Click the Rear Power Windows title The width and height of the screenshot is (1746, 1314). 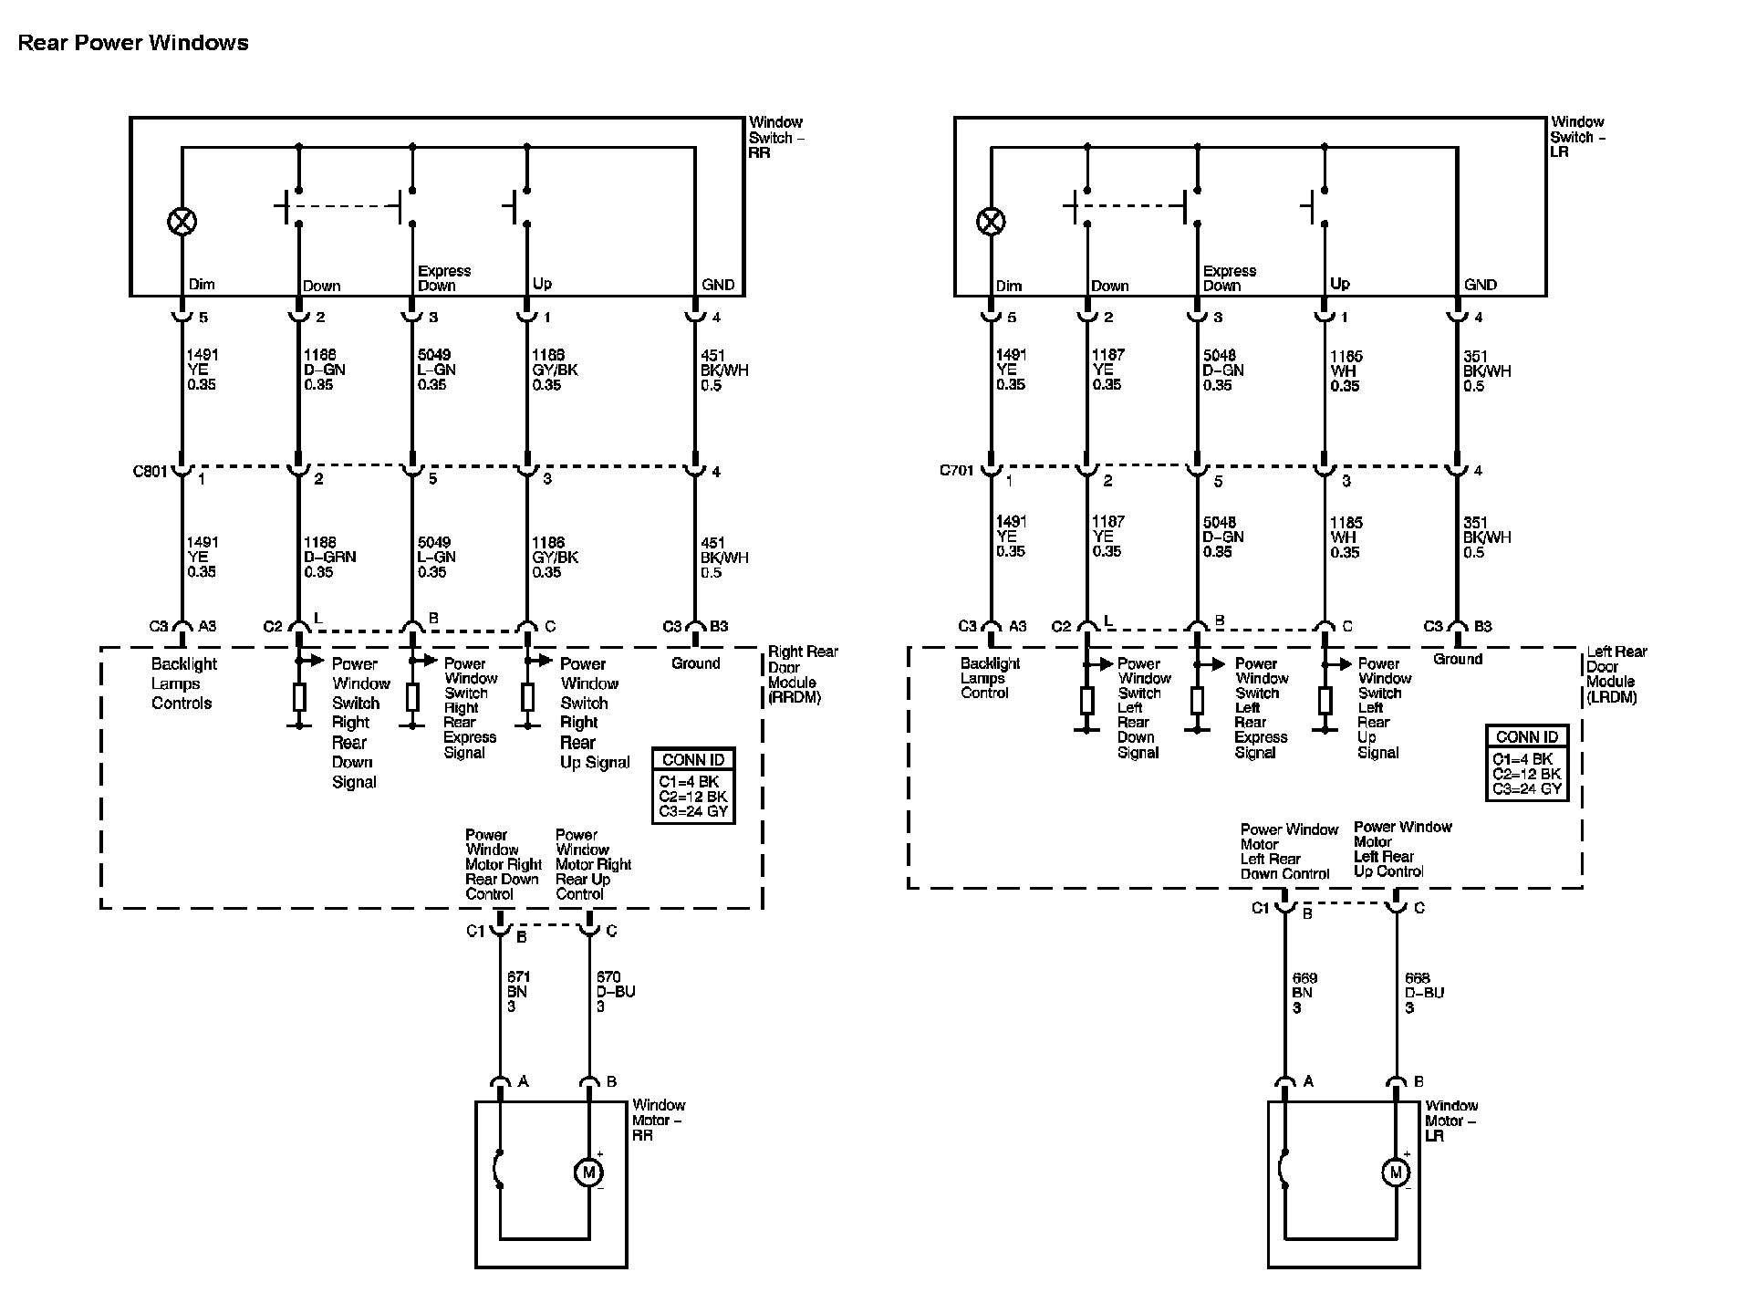coord(133,43)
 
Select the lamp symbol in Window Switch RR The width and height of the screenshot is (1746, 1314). coord(182,221)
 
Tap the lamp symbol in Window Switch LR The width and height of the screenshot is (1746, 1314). coord(991,221)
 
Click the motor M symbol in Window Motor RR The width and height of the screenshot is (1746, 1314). coord(588,1173)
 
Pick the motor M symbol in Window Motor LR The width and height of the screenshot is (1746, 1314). coord(1395,1173)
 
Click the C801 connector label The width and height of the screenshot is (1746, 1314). coord(151,472)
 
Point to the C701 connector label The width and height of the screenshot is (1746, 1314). coord(957,471)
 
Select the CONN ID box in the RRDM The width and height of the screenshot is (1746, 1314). coord(693,786)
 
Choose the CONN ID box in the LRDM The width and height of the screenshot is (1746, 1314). coord(1527,763)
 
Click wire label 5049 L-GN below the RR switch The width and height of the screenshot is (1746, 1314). coord(436,370)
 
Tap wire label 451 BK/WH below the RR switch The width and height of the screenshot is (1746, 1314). coord(723,370)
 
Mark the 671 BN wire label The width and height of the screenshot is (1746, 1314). coord(517,992)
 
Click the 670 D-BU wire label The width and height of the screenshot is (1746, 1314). coord(615,992)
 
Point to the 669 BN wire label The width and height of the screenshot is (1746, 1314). coord(1304,993)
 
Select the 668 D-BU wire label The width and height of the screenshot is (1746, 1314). coord(1424,993)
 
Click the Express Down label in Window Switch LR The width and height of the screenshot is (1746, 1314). coord(1229,278)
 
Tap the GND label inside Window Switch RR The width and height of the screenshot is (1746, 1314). coord(718,285)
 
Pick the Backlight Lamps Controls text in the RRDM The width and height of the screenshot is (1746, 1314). coord(183,683)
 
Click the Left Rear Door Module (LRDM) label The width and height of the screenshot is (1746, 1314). coord(1616,674)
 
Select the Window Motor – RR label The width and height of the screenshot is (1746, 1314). coord(658,1120)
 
